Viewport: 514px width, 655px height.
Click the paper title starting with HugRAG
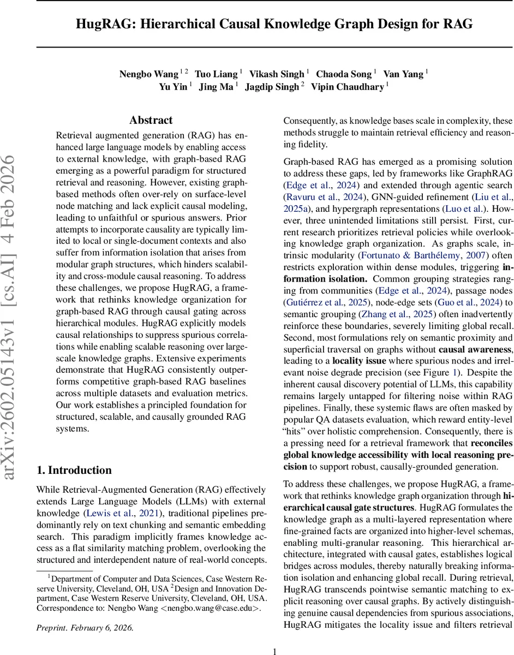274,24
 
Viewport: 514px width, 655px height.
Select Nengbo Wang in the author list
148,74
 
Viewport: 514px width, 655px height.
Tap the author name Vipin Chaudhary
347,87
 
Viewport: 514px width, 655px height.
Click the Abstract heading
151,121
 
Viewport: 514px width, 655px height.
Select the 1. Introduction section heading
74,471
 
